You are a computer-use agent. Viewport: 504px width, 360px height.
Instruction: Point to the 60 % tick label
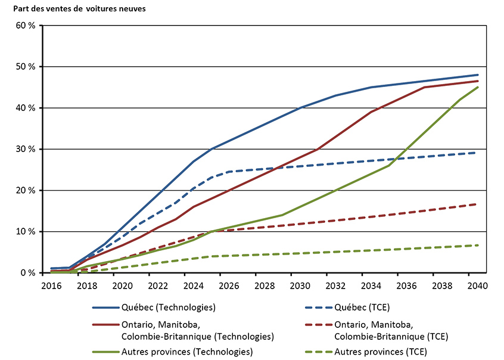tap(26, 26)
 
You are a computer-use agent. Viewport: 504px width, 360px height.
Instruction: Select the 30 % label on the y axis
tap(26, 149)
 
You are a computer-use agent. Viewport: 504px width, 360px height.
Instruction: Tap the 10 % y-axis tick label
tap(26, 231)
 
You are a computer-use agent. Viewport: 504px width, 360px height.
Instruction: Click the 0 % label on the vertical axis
tap(28, 272)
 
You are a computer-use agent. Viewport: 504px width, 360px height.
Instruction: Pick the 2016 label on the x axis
tap(52, 285)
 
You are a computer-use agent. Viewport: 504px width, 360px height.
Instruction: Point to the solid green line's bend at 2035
tap(389, 165)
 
